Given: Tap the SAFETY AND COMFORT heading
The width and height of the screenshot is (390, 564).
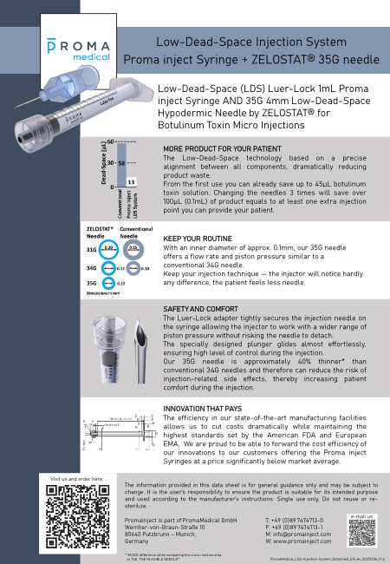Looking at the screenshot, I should tap(200, 309).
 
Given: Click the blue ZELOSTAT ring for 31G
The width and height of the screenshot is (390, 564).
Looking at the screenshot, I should tap(108, 248).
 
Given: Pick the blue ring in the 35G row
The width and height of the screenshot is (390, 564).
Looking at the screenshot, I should tap(108, 283).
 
